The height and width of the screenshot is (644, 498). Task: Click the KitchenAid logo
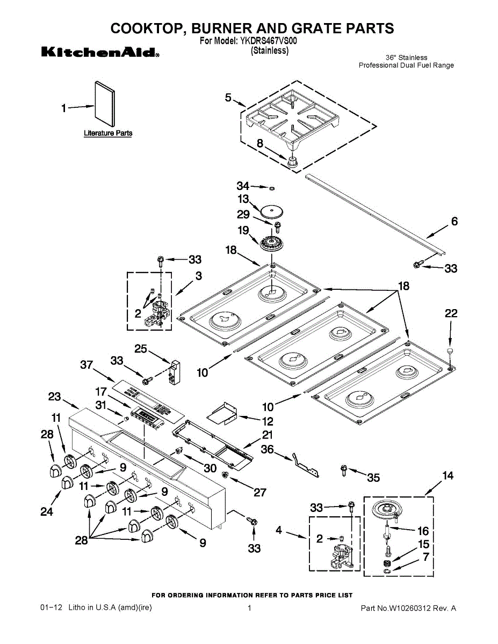point(100,53)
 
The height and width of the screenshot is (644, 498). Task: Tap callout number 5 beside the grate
point(228,97)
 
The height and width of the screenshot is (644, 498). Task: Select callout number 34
point(243,186)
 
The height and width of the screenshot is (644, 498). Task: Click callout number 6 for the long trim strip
point(454,221)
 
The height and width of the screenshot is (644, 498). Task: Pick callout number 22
point(451,313)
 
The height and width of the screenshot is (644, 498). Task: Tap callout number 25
point(140,349)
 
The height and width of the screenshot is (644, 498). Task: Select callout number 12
point(267,421)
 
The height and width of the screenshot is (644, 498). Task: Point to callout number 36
point(267,449)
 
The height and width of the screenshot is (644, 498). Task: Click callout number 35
point(373,477)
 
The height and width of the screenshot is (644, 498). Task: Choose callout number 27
point(260,492)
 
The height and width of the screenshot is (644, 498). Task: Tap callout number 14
point(448,475)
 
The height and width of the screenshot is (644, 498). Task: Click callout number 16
point(423,531)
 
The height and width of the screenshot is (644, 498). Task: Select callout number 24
point(47,511)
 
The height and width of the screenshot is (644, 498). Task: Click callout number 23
point(55,397)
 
